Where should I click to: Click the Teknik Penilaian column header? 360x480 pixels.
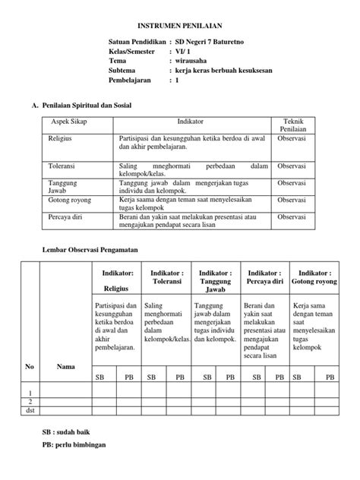[x=292, y=125]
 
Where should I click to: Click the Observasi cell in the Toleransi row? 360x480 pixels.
[x=292, y=166]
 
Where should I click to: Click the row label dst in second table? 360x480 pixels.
[x=30, y=411]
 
